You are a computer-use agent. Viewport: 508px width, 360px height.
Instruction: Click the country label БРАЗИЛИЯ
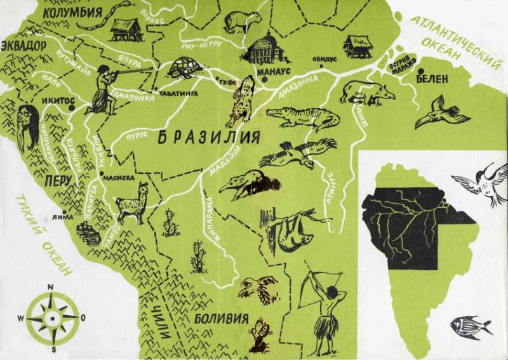click(208, 137)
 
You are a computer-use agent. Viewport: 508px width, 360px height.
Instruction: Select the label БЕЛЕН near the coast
click(432, 78)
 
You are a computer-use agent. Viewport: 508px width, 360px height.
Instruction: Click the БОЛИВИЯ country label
click(221, 318)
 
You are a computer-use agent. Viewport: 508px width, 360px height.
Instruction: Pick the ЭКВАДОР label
click(23, 46)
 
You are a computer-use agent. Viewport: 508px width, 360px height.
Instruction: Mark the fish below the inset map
click(470, 327)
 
